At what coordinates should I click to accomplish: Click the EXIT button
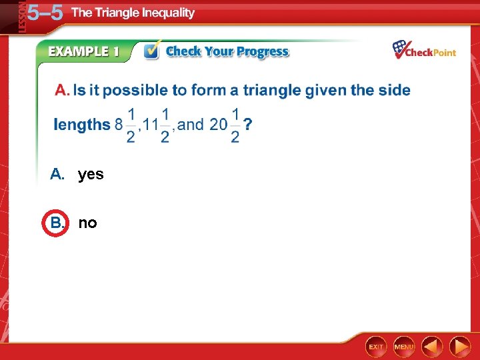coord(376,347)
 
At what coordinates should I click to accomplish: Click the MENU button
coord(404,347)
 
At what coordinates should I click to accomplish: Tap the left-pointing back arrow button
coord(433,347)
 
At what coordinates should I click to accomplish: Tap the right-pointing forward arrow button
coord(460,347)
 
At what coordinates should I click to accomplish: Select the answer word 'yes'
coord(91,175)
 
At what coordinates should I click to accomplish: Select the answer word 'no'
coord(87,223)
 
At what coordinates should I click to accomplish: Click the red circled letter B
coord(56,223)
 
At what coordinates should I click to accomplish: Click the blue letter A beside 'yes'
coord(57,175)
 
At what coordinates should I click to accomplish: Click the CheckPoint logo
coord(424,50)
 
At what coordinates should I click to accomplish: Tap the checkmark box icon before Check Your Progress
coord(152,51)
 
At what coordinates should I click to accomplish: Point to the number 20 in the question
coord(218,124)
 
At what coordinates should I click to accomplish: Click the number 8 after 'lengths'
coord(119,124)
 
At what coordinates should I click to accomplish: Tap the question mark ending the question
coord(248,125)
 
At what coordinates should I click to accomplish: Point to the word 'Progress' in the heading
coord(263,52)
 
